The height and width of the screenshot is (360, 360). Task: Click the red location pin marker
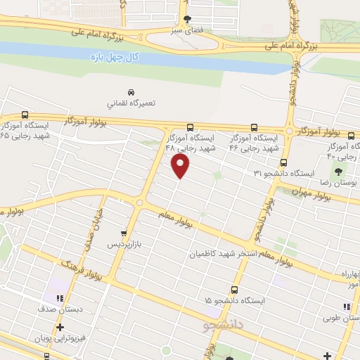[181, 166]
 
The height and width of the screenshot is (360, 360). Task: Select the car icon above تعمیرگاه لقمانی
[131, 92]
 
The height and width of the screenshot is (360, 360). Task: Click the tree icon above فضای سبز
[187, 20]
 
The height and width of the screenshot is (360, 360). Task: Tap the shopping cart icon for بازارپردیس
[124, 233]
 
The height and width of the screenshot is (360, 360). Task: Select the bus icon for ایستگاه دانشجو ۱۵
[234, 290]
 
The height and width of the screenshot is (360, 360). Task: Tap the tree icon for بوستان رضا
[339, 171]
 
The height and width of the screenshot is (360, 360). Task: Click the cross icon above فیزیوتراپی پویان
[60, 327]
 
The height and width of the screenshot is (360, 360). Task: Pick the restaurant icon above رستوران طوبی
[345, 307]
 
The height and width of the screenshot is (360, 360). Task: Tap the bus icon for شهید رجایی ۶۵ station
[26, 115]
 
